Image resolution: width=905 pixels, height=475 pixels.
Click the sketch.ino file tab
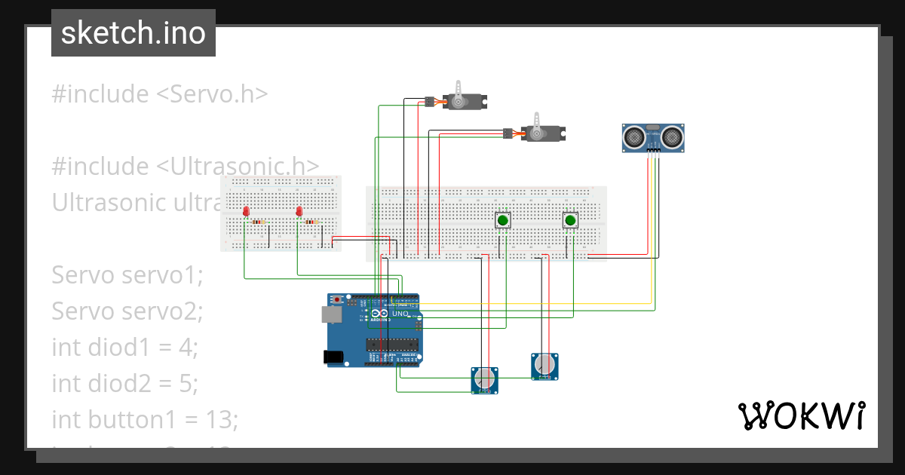pyautogui.click(x=133, y=33)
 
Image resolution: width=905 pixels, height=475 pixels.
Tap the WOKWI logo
pyautogui.click(x=800, y=415)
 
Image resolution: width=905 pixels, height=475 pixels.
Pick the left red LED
pyautogui.click(x=247, y=213)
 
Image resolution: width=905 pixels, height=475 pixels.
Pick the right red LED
pyautogui.click(x=299, y=213)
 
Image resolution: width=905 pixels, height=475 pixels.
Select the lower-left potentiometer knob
pyautogui.click(x=484, y=378)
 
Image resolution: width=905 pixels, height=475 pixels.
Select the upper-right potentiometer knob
pyautogui.click(x=545, y=366)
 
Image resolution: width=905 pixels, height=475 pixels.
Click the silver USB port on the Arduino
pyautogui.click(x=331, y=314)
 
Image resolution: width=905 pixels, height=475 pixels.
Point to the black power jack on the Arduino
pyautogui.click(x=333, y=357)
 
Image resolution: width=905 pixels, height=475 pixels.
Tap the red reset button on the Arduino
pyautogui.click(x=336, y=299)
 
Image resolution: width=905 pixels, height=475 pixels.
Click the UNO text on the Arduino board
pyautogui.click(x=400, y=314)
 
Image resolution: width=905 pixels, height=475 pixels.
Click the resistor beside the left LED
pyautogui.click(x=259, y=222)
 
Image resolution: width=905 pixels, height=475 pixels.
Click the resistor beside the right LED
pyautogui.click(x=311, y=222)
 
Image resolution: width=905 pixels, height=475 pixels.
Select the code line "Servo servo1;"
pyautogui.click(x=127, y=275)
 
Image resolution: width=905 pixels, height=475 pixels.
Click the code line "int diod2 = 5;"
pyautogui.click(x=125, y=383)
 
